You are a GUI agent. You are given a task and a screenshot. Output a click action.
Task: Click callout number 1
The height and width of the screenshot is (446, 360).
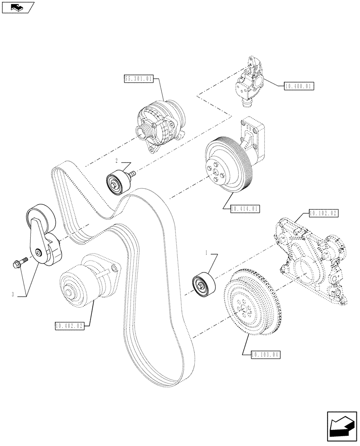pos(206,253)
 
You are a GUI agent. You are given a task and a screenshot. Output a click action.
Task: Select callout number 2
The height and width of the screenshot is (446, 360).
pos(116,160)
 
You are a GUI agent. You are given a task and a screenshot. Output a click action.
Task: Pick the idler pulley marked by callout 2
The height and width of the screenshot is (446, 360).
pos(118,182)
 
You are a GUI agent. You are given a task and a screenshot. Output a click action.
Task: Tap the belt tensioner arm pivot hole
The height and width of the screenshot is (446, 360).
pos(40,253)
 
